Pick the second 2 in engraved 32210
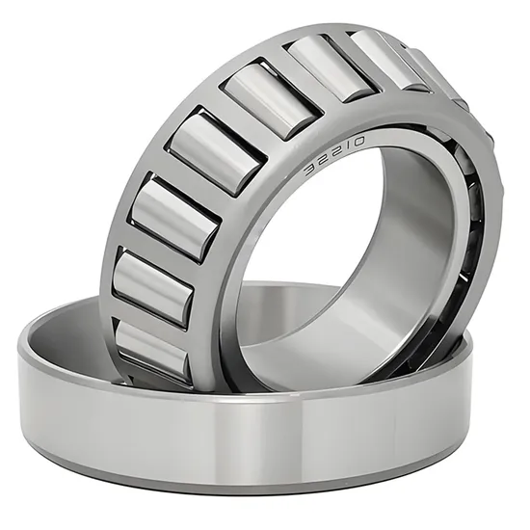click(x=332, y=154)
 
